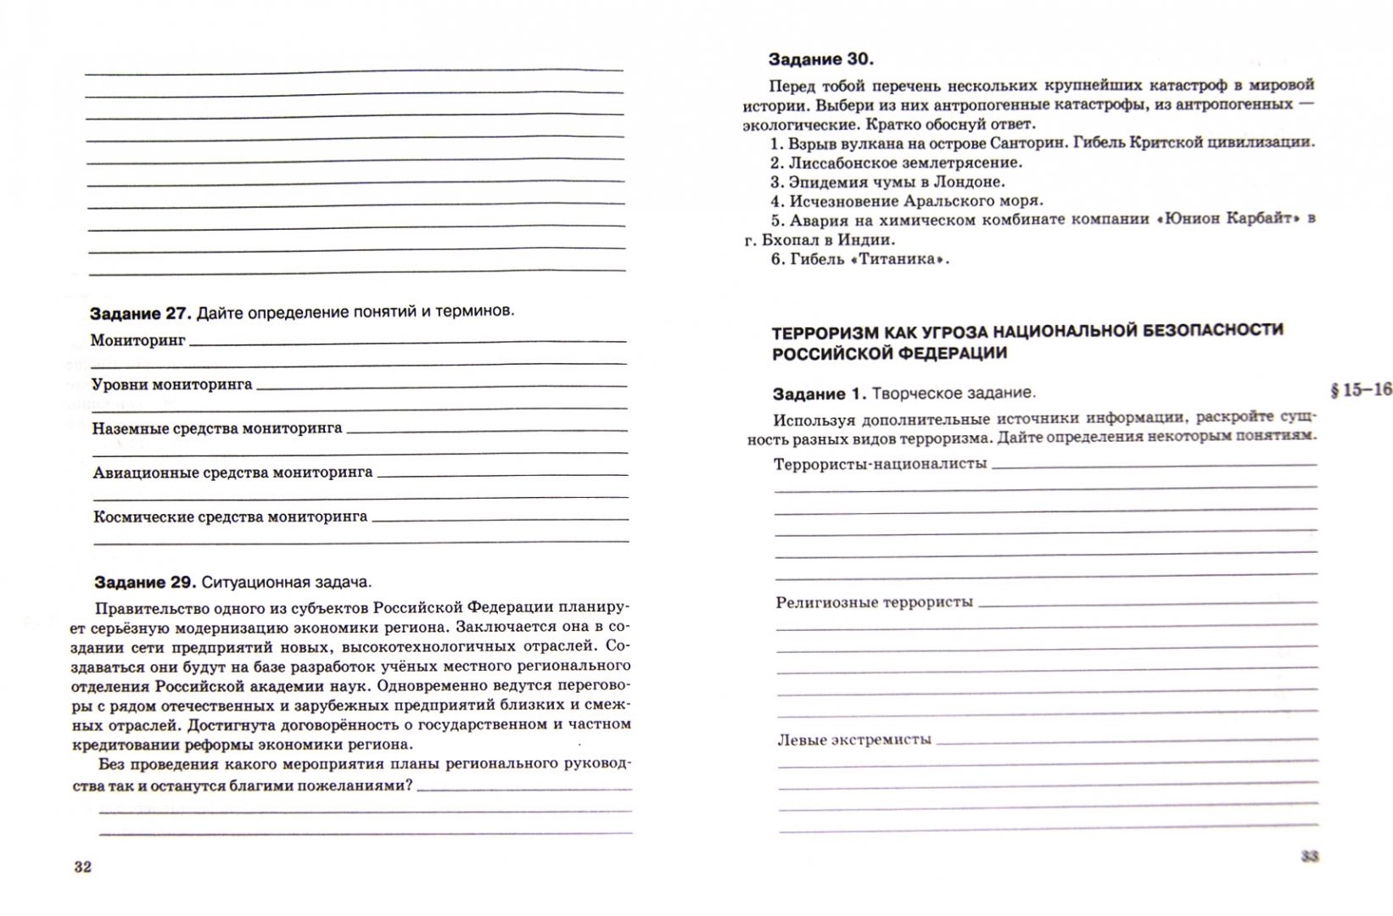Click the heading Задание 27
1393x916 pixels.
[141, 313]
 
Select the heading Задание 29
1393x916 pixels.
[145, 583]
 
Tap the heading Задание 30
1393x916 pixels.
[820, 59]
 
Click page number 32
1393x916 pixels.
[82, 867]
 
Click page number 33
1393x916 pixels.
[1310, 857]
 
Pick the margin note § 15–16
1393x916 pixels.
[1361, 390]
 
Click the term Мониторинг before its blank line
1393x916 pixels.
[137, 340]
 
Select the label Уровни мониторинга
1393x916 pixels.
[171, 384]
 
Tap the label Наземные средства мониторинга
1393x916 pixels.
[217, 428]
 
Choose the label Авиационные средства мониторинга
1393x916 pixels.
[232, 472]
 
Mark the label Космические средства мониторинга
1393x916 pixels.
[230, 517]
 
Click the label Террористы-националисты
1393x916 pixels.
[881, 464]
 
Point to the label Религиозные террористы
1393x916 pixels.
[874, 602]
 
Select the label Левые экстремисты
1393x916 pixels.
[854, 740]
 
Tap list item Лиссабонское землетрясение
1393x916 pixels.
[905, 163]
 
